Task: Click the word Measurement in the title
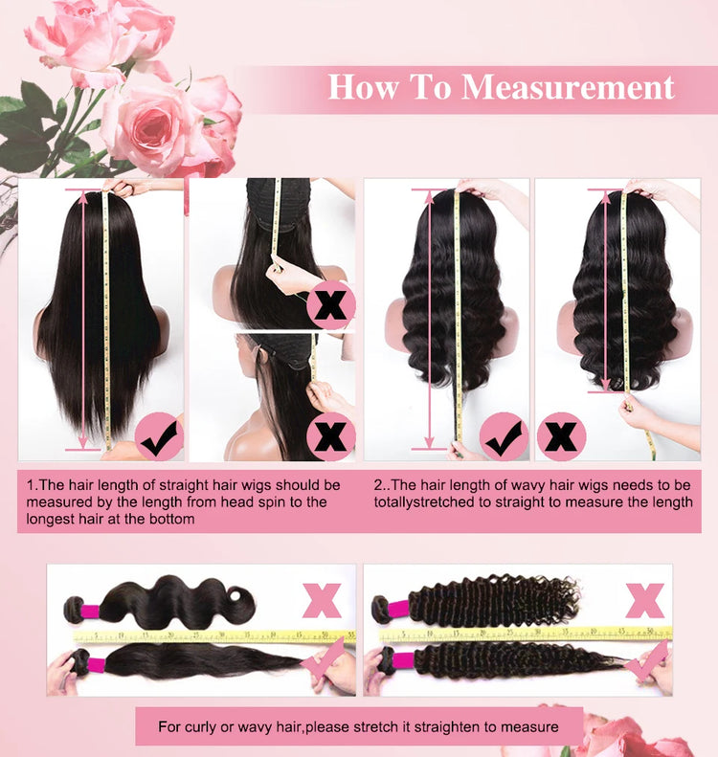(x=568, y=87)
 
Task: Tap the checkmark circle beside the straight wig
(x=159, y=436)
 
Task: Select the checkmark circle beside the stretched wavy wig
(x=504, y=436)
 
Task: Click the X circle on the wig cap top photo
(x=330, y=305)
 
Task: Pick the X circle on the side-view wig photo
(x=330, y=436)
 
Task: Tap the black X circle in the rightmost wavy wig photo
(x=561, y=436)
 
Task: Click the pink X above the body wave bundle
(x=322, y=600)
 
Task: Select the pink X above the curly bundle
(x=644, y=600)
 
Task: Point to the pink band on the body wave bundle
(x=91, y=612)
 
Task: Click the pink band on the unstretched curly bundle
(x=399, y=609)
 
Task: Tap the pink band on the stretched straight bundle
(x=97, y=663)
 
